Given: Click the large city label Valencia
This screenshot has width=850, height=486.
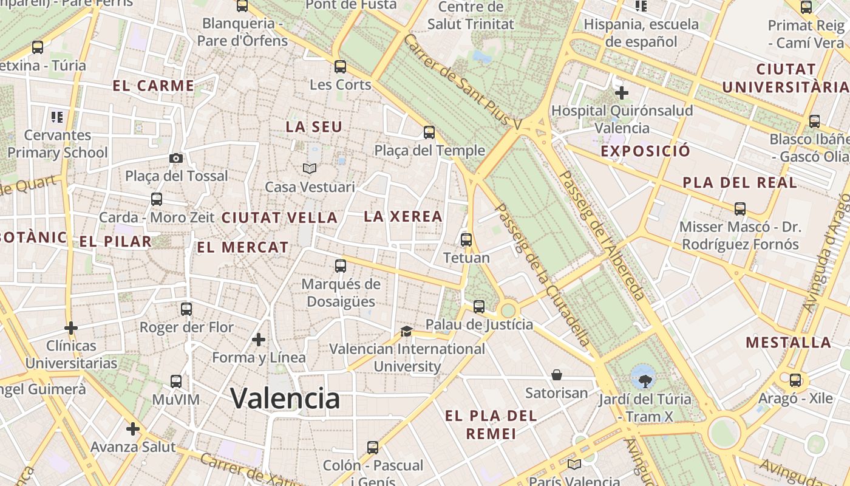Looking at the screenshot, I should click(x=285, y=399).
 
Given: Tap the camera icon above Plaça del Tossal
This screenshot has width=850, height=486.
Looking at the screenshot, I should click(x=176, y=158).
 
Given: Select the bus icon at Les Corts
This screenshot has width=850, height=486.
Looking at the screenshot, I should click(x=341, y=67).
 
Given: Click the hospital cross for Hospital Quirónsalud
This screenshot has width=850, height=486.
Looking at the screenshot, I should click(x=622, y=94).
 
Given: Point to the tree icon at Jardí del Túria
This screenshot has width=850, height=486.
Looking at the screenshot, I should click(x=645, y=381).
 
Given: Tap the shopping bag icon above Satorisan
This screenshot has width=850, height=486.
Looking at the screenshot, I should click(x=557, y=375).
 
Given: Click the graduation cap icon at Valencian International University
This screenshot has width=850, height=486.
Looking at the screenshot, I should click(x=406, y=331).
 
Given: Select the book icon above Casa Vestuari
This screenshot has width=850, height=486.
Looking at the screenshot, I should click(x=310, y=168).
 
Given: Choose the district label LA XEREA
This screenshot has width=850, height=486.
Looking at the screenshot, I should click(x=403, y=216).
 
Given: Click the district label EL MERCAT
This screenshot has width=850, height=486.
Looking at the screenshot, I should click(x=243, y=247).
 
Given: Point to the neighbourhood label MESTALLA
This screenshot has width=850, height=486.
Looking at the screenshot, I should click(x=788, y=343).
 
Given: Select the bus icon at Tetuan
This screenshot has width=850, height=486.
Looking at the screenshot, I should click(x=466, y=239).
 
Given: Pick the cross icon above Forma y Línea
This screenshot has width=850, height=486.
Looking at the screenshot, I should click(x=259, y=339).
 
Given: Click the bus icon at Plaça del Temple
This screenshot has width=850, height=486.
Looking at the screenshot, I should click(x=429, y=132).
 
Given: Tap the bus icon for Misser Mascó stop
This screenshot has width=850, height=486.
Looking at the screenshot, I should click(x=740, y=209).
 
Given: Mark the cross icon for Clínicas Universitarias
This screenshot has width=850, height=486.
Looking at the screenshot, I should click(x=71, y=328).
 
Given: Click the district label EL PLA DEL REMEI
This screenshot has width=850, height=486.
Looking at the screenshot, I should click(x=491, y=425).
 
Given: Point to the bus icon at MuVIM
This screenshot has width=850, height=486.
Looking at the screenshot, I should click(x=176, y=382).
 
